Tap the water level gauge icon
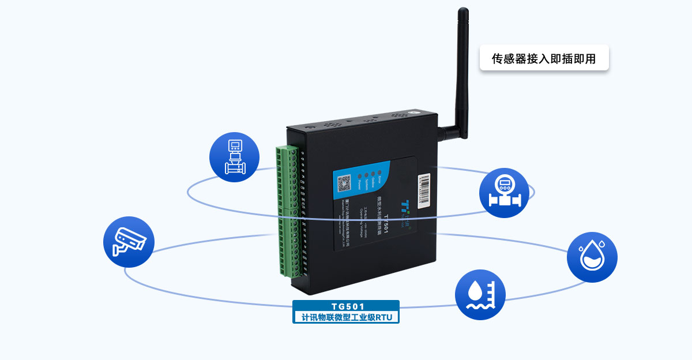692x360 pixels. (x=480, y=294)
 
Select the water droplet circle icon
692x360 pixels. (x=592, y=257)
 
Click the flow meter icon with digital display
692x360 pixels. (x=504, y=193)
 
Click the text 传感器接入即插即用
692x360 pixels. (x=544, y=58)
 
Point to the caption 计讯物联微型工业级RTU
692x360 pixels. (x=347, y=317)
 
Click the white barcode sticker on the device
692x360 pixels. (x=424, y=191)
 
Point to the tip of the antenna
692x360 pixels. (x=462, y=10)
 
